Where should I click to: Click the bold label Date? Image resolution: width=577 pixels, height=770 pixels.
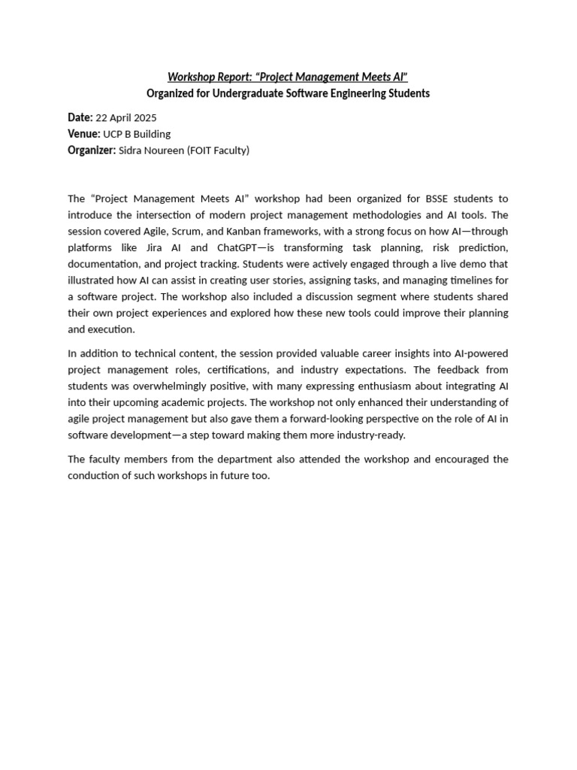(80, 117)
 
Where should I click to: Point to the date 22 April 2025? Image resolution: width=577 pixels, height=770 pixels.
(127, 117)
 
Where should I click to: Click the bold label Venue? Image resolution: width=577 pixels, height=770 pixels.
(83, 134)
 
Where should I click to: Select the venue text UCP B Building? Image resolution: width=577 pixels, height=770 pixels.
(137, 134)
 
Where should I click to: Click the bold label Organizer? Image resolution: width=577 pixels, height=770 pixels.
(92, 150)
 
